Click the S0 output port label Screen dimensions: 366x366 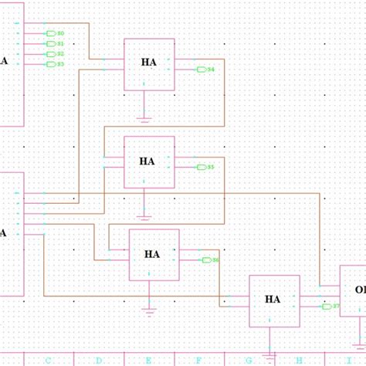61,34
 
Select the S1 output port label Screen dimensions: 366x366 61,44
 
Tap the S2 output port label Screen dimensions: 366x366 61,54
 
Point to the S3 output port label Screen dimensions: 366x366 61,64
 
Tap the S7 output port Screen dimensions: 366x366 330,307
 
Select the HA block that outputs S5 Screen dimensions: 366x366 148,162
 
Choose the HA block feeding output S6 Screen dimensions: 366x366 153,254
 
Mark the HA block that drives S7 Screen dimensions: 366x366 273,300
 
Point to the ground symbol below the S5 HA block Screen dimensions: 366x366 144,214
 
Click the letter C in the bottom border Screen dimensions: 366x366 49,360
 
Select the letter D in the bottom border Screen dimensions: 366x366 98,360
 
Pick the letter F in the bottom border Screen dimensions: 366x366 199,360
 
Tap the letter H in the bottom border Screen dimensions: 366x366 299,360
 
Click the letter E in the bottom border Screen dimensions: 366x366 149,360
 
